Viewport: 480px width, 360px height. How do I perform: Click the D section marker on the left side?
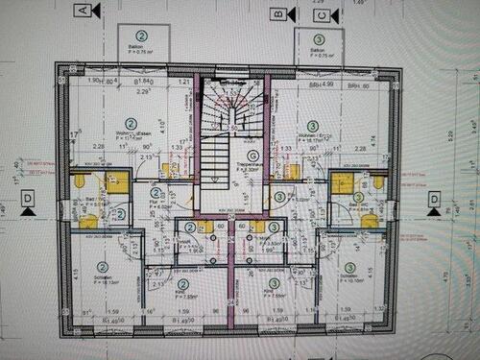click(28, 199)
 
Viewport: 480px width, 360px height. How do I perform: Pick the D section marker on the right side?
click(435, 199)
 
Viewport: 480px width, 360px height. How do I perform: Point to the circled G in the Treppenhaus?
click(227, 155)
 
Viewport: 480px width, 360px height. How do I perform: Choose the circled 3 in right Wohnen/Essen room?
click(312, 126)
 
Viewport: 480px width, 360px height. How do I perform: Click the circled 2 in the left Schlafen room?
click(103, 266)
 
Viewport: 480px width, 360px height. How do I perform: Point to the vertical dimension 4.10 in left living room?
click(164, 123)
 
